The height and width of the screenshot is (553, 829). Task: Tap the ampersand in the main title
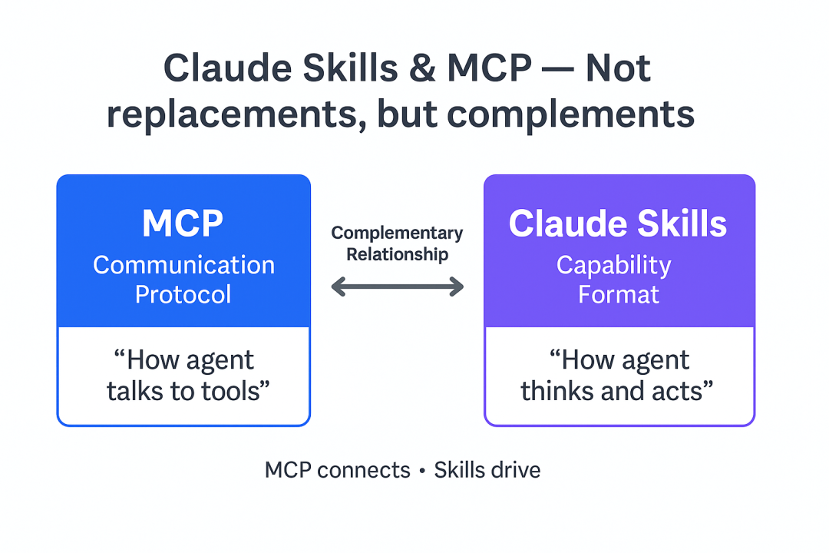tap(416, 69)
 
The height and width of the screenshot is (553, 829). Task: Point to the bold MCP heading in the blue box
tap(183, 224)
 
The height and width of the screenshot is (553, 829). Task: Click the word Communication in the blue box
tap(183, 265)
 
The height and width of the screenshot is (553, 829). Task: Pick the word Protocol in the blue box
tap(183, 294)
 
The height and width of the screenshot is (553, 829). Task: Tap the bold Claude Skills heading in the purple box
tap(618, 224)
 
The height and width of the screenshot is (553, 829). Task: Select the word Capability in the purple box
tap(613, 265)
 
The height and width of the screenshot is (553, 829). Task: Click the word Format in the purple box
tap(618, 294)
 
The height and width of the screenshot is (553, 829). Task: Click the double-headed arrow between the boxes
tap(397, 287)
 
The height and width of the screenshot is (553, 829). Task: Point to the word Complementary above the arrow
tap(397, 233)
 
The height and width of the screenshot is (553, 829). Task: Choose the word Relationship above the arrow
tap(397, 254)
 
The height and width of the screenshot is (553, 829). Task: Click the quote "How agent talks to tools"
tap(183, 376)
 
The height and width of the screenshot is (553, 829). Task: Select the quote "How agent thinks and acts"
tap(618, 376)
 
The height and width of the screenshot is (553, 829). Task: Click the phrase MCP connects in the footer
tap(337, 470)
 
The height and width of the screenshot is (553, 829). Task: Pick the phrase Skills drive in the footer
tap(487, 470)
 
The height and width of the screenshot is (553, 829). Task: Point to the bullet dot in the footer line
tap(422, 471)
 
